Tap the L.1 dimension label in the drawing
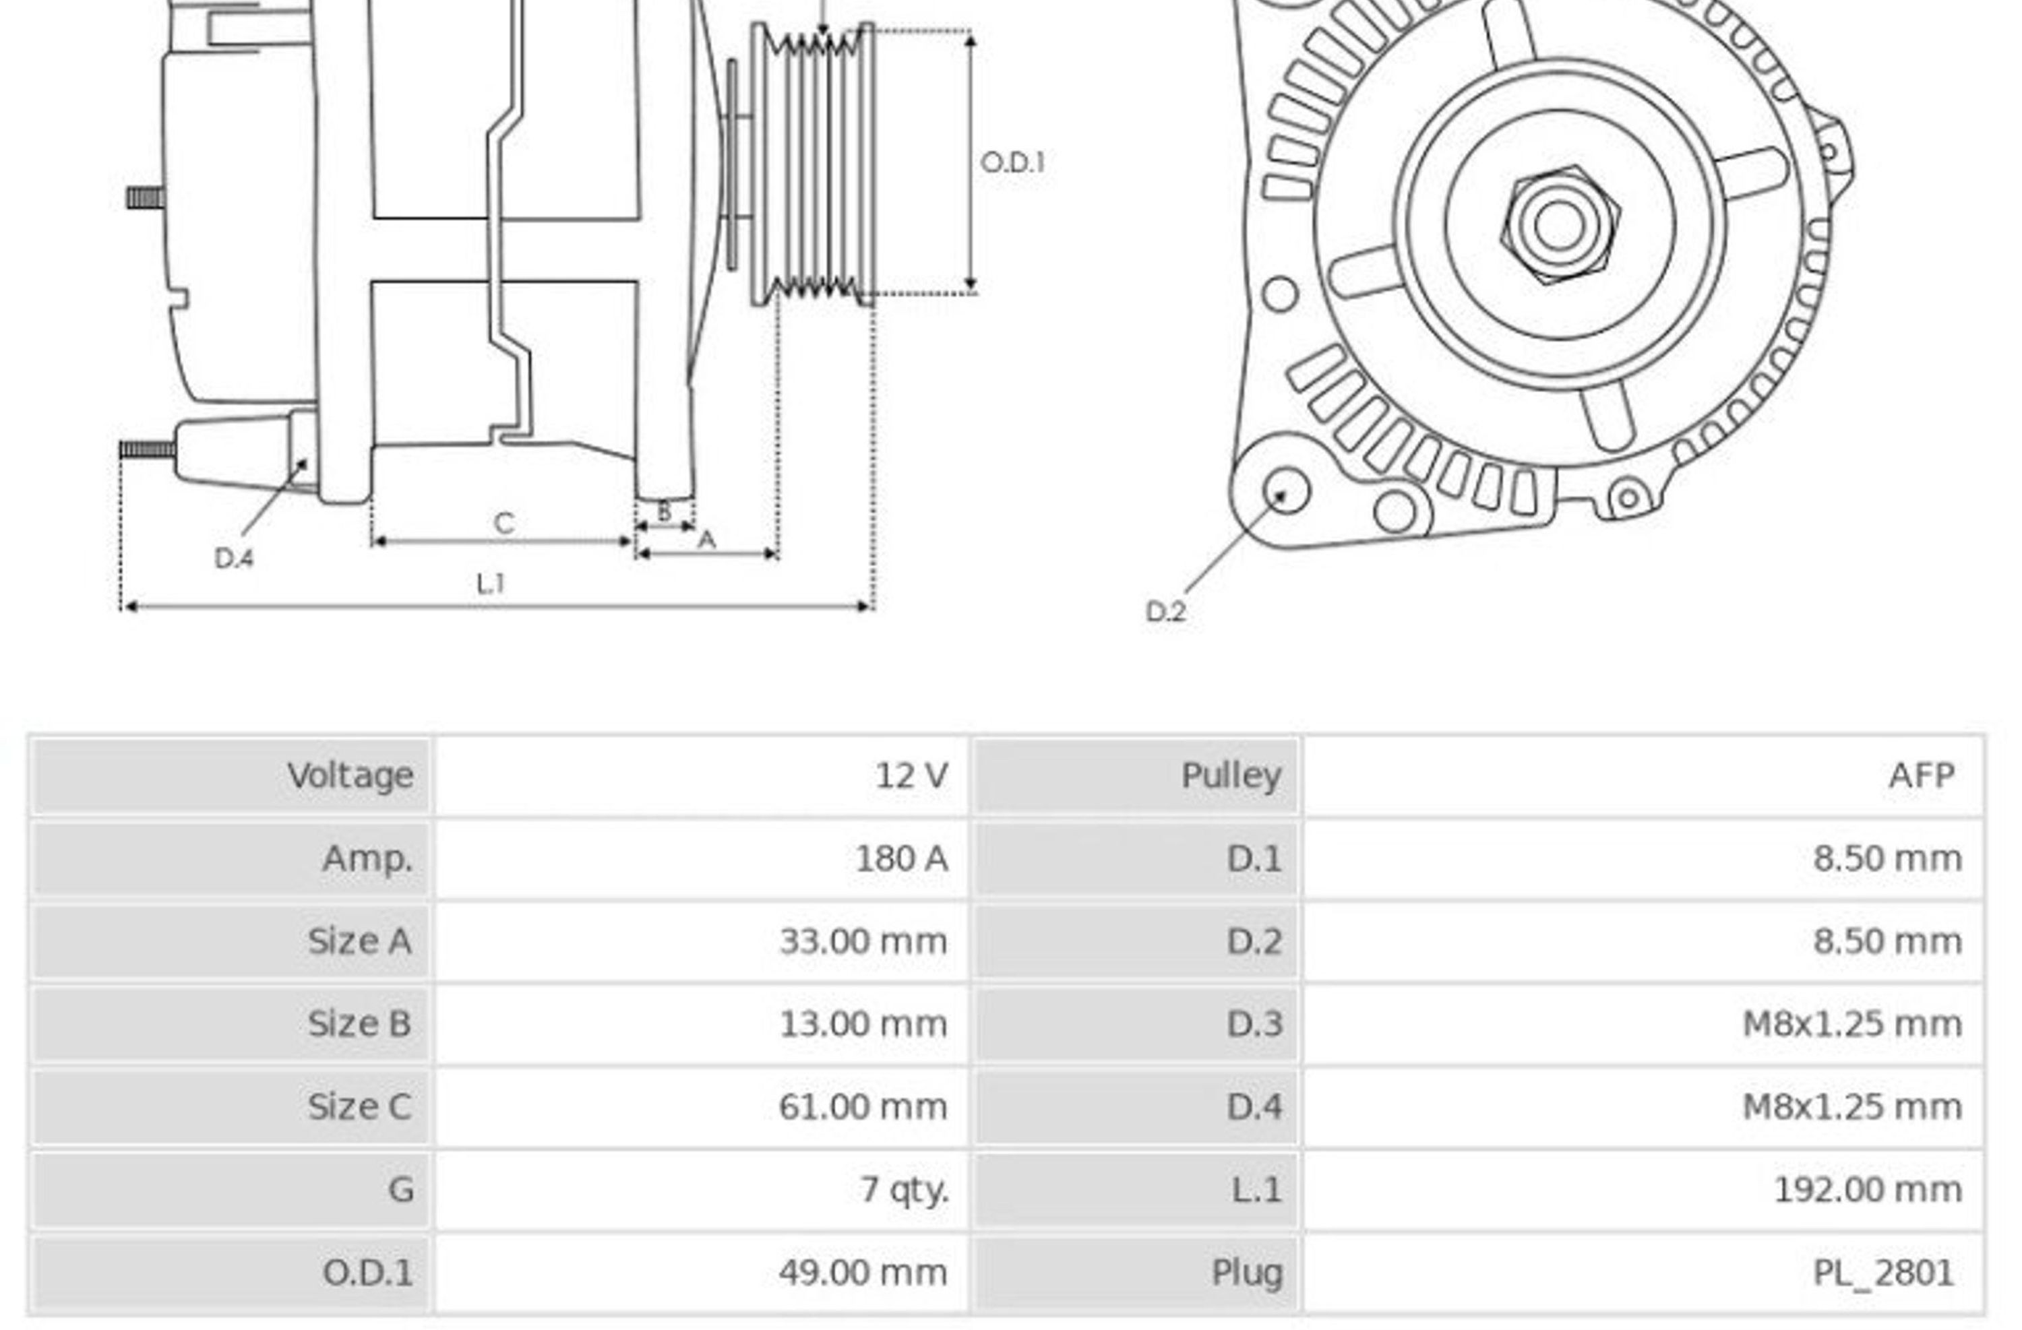point(491,583)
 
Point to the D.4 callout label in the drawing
point(234,558)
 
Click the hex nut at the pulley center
point(1560,225)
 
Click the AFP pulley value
point(1922,775)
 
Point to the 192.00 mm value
point(1868,1191)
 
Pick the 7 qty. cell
point(904,1191)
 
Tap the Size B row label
point(359,1024)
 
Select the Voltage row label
point(350,776)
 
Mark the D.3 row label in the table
point(1254,1024)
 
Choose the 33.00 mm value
point(862,942)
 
